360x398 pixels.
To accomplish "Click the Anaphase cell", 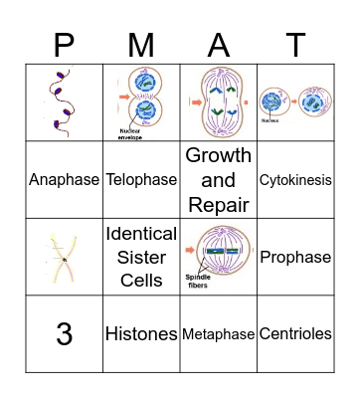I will click(64, 180).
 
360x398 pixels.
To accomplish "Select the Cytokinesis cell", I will click(294, 180).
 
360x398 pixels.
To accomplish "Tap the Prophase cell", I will click(294, 257).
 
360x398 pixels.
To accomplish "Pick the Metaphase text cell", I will click(218, 334).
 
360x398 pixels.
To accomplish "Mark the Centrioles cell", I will click(294, 334).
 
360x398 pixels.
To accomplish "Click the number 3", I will click(64, 334).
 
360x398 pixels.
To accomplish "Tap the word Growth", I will click(218, 156).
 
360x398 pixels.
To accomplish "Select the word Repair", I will click(218, 204).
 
